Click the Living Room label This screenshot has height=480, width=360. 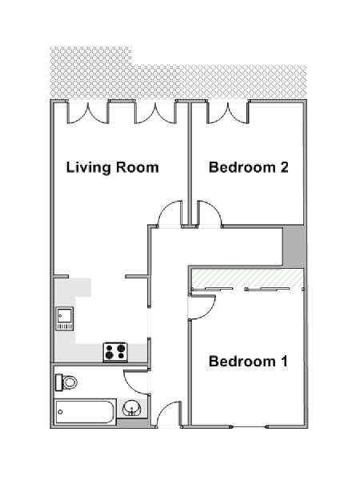[113, 168]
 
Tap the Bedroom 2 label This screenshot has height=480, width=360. [249, 167]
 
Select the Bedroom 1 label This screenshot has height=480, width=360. [248, 362]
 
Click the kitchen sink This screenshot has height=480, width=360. [65, 319]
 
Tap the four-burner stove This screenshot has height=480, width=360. [115, 352]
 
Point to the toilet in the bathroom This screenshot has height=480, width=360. [66, 382]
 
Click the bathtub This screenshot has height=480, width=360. [86, 412]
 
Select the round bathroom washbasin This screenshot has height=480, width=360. [132, 408]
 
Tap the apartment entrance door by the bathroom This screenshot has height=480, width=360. [168, 414]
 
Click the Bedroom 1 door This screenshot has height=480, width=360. [202, 307]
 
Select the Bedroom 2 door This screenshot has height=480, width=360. [210, 214]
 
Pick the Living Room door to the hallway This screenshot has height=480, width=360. [170, 214]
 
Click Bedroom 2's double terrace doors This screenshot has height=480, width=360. [228, 113]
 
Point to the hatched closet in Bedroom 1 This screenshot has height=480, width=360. [246, 278]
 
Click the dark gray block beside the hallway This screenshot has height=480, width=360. [294, 246]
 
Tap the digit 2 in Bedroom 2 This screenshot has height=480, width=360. [284, 167]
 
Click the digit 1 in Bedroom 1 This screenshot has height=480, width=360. [284, 362]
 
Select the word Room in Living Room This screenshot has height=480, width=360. [137, 167]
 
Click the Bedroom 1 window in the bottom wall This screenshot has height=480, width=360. [249, 426]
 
